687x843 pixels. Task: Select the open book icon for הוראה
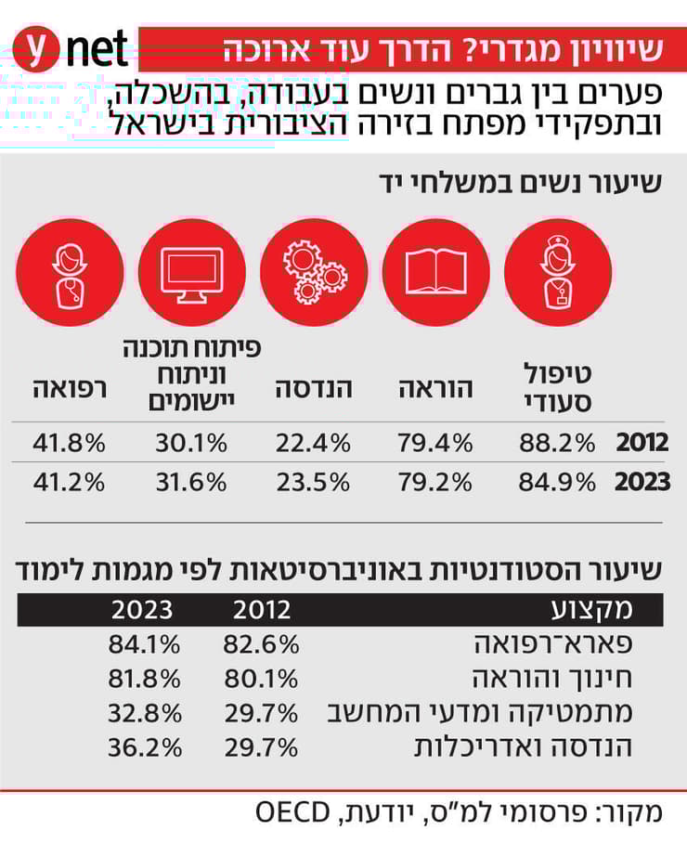(435, 272)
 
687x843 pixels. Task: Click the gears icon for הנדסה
(313, 272)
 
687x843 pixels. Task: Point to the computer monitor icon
(191, 272)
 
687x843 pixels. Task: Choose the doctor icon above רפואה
(69, 272)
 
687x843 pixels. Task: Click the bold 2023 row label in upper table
(642, 483)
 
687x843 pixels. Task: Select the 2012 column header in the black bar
(261, 610)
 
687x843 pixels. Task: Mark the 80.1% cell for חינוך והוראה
(261, 678)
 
